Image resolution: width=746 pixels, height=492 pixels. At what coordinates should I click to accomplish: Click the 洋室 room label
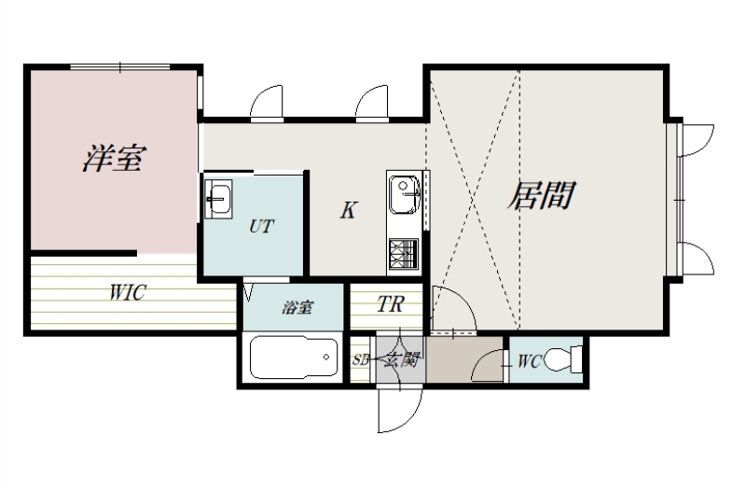[x=112, y=158]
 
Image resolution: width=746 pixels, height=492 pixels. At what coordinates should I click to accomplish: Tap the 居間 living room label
[x=539, y=196]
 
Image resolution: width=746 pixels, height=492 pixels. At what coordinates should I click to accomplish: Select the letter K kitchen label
[x=347, y=211]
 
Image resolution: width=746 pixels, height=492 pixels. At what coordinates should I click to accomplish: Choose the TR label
[x=389, y=304]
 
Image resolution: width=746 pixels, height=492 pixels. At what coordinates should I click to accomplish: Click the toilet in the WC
[x=564, y=358]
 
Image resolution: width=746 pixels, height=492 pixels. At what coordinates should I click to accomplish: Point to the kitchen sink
[x=405, y=195]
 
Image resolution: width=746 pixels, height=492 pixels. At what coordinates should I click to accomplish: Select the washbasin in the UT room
[x=221, y=198]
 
